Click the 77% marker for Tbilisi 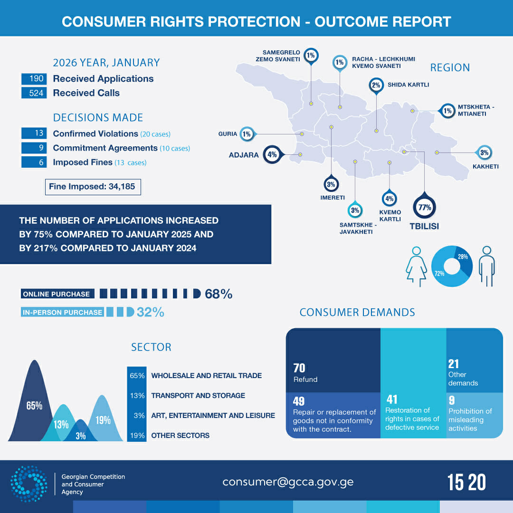424,207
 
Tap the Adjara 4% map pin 272,154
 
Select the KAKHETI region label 485,167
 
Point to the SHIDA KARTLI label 408,85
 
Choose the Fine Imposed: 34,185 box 92,187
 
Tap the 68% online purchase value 218,294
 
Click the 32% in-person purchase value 150,312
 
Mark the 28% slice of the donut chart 464,259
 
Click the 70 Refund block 333,361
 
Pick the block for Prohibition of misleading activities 474,413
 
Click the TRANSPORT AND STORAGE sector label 198,395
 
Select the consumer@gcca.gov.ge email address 288,482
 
